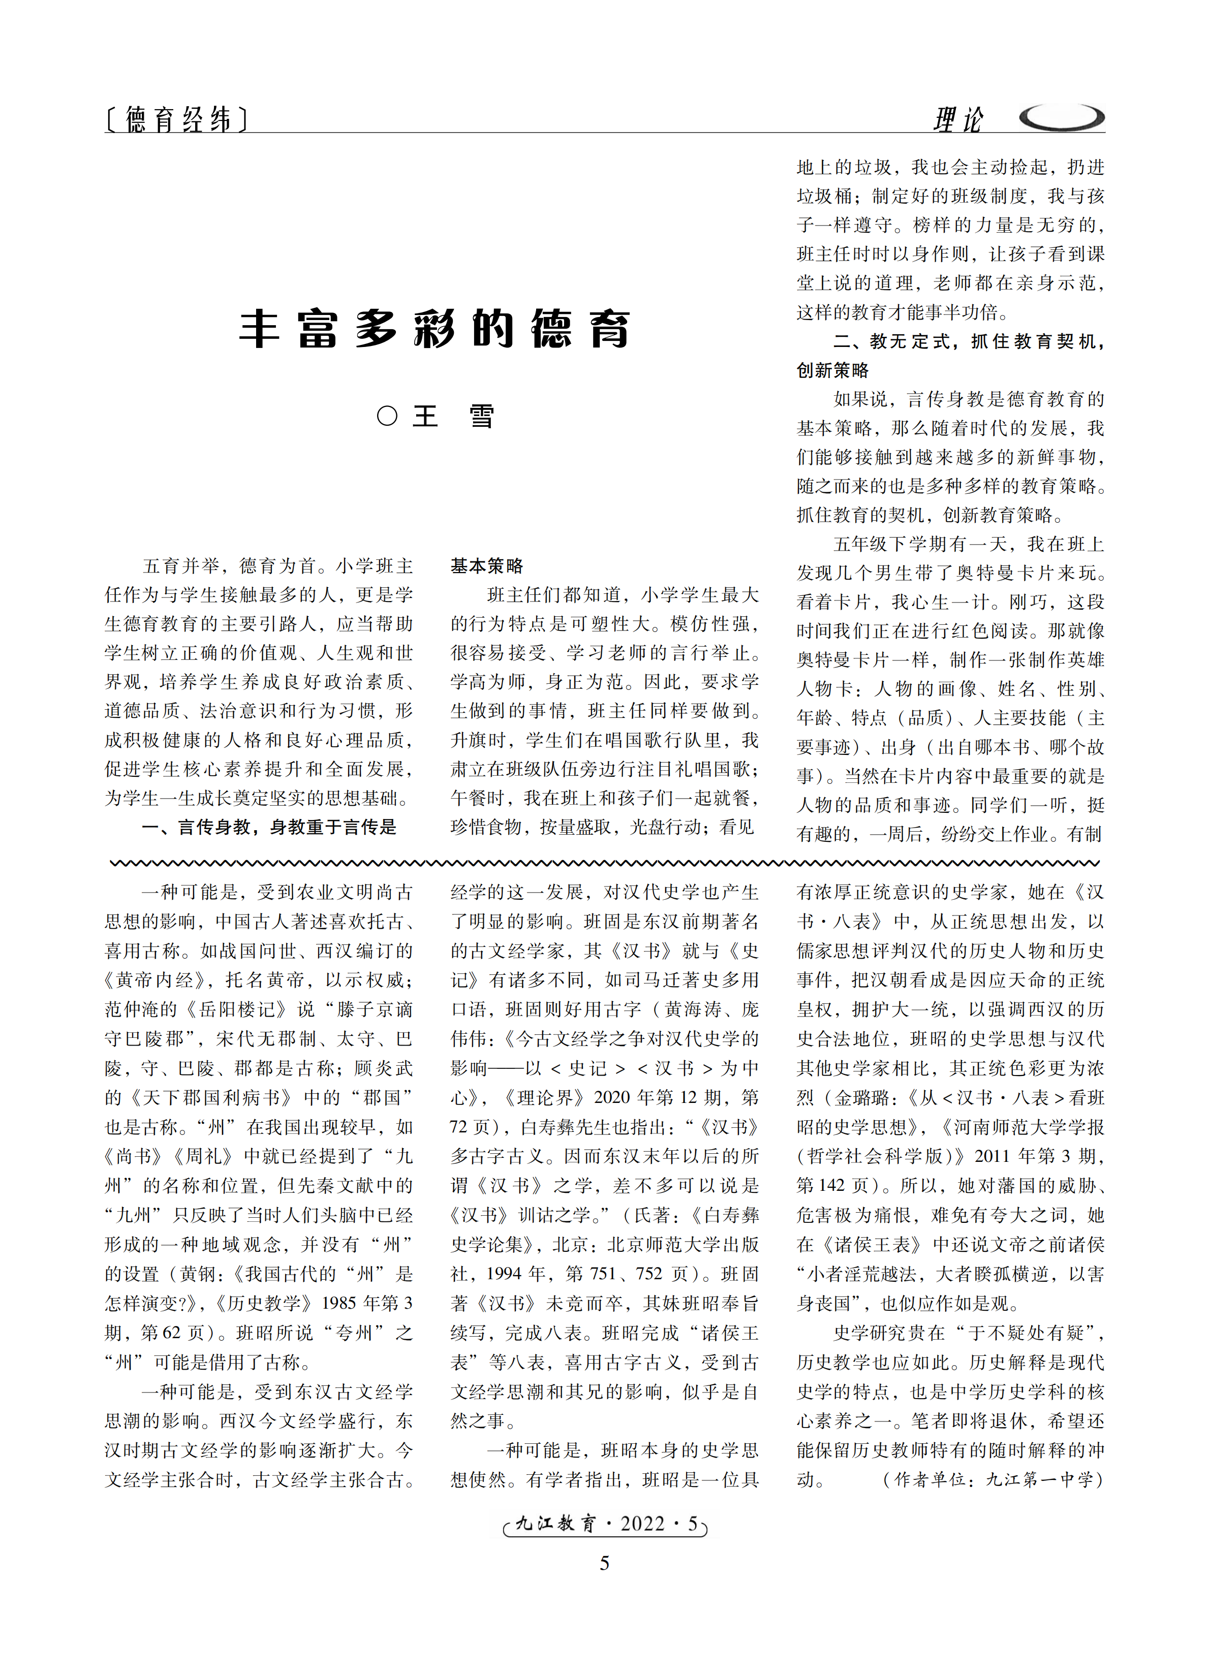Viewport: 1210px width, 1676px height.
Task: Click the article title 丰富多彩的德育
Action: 435,329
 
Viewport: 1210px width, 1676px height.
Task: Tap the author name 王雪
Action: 452,416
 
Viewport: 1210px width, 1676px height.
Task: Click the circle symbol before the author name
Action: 387,416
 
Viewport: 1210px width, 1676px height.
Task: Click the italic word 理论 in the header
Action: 958,119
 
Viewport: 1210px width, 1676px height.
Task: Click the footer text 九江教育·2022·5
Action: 605,1524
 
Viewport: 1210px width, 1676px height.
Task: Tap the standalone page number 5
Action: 605,1563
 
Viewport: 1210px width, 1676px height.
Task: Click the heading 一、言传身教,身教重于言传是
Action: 269,827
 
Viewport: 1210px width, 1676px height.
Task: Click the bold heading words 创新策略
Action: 832,370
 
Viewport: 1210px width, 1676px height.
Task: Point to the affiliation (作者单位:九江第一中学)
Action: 992,1479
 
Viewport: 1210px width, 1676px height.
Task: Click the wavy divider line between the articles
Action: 605,863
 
